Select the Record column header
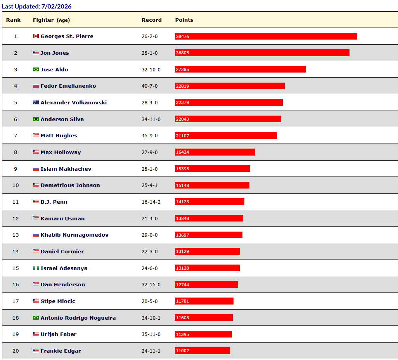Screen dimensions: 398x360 click(x=152, y=20)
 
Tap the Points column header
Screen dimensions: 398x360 click(x=184, y=20)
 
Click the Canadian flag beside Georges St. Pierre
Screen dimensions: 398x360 click(x=36, y=36)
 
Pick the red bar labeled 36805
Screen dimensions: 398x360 click(x=262, y=53)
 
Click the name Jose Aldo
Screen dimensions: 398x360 click(x=54, y=69)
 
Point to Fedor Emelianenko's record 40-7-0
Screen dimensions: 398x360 click(x=149, y=86)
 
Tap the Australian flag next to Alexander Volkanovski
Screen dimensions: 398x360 click(x=36, y=102)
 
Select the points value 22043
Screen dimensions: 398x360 click(x=182, y=119)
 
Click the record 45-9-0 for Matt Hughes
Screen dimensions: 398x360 click(x=149, y=135)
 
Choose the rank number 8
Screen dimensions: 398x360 click(x=16, y=152)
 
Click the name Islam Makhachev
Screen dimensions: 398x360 click(x=66, y=169)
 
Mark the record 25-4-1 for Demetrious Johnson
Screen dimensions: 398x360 click(x=149, y=185)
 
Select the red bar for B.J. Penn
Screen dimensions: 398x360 click(x=209, y=202)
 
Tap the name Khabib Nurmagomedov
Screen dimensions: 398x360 click(x=74, y=235)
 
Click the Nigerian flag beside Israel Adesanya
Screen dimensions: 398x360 click(x=36, y=268)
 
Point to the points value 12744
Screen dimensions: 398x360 click(x=182, y=285)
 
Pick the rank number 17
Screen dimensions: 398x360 click(x=16, y=301)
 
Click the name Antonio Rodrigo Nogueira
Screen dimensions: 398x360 click(x=78, y=318)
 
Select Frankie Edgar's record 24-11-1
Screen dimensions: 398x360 click(x=151, y=351)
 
